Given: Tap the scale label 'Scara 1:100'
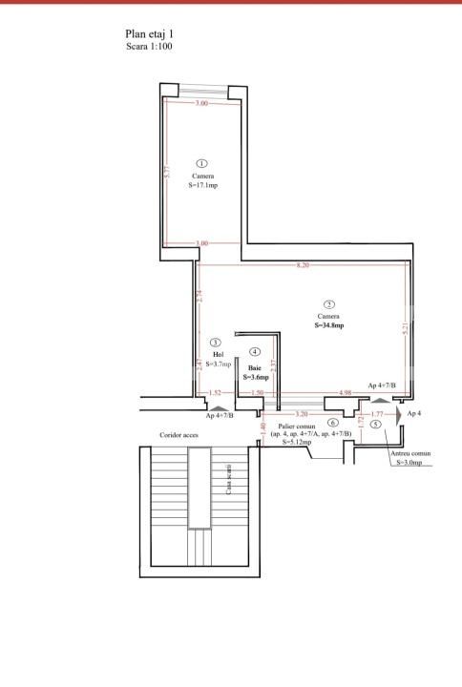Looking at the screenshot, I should (x=149, y=46).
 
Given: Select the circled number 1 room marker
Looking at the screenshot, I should (x=201, y=164).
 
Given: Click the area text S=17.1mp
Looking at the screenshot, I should (x=202, y=185).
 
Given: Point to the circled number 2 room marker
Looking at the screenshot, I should (x=328, y=303).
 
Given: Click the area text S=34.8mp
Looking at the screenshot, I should (x=328, y=325).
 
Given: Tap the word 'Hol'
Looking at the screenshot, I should (x=218, y=353).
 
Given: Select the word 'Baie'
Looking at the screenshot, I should (x=255, y=366).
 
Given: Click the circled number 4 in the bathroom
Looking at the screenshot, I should (x=254, y=351).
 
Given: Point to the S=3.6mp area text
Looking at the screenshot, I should (x=255, y=377).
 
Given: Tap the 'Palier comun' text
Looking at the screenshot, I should (x=297, y=426).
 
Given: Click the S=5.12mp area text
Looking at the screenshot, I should (x=296, y=442).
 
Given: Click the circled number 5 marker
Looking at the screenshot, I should (x=376, y=424).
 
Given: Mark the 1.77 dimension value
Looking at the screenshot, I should (x=378, y=414).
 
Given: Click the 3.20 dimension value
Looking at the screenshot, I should (x=302, y=414).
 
